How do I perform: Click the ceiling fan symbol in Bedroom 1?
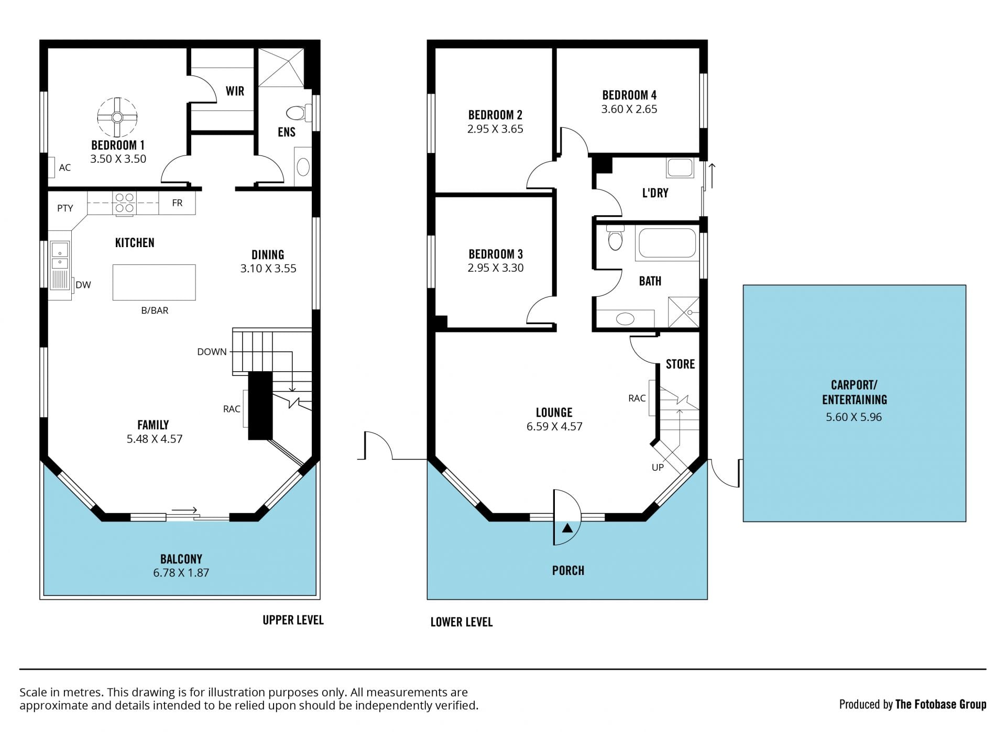pyautogui.click(x=117, y=117)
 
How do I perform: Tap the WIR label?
pyautogui.click(x=235, y=91)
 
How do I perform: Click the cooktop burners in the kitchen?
pyautogui.click(x=124, y=203)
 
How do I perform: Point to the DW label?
pyautogui.click(x=83, y=285)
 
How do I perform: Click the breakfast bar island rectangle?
pyautogui.click(x=154, y=282)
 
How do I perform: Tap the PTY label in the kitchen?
pyautogui.click(x=65, y=208)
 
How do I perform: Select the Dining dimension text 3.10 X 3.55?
pyautogui.click(x=268, y=269)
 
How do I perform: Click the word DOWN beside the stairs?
pyautogui.click(x=212, y=352)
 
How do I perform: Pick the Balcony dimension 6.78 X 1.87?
pyautogui.click(x=181, y=573)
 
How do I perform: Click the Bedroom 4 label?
pyautogui.click(x=629, y=95)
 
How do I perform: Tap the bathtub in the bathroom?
pyautogui.click(x=668, y=243)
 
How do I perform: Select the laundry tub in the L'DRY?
pyautogui.click(x=680, y=168)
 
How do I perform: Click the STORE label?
pyautogui.click(x=680, y=364)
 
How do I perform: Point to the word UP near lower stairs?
pyautogui.click(x=658, y=467)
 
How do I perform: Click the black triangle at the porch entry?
pyautogui.click(x=567, y=528)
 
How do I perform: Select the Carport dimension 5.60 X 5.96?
pyautogui.click(x=854, y=417)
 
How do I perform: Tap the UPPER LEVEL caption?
pyautogui.click(x=293, y=620)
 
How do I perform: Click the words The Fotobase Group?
pyautogui.click(x=941, y=704)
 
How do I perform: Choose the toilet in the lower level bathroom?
pyautogui.click(x=615, y=239)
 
